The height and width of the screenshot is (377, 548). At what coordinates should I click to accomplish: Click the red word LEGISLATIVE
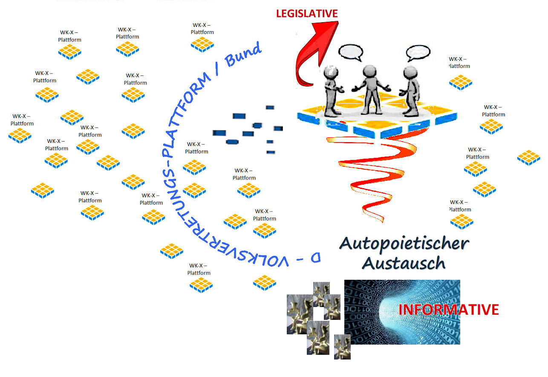[x=307, y=14]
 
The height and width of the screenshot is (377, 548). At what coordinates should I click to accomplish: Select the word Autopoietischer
[x=404, y=244]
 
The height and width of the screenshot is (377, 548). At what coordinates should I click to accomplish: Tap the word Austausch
[x=404, y=263]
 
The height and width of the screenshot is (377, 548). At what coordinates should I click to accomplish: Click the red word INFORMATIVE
[x=448, y=310]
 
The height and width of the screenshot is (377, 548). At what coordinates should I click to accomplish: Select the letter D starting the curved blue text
[x=315, y=258]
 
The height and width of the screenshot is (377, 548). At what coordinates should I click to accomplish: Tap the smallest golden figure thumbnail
[x=342, y=346]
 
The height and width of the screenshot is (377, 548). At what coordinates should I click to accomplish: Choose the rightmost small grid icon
[x=528, y=157]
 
